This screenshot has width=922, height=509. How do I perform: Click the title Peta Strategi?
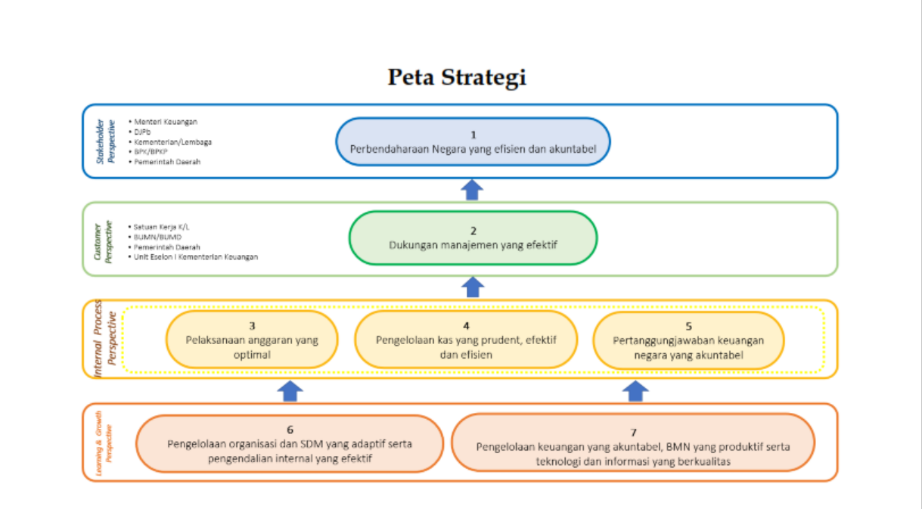457,77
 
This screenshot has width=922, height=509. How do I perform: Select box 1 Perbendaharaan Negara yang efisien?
473,141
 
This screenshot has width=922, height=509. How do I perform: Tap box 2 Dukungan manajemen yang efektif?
473,237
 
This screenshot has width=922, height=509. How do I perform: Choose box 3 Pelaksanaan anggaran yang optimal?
252,340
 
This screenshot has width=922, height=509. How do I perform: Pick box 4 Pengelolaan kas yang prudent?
466,340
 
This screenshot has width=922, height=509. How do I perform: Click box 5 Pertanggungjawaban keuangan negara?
688,340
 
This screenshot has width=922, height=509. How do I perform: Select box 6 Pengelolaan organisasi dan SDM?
290,443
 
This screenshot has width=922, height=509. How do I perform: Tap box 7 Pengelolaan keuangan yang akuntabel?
633,443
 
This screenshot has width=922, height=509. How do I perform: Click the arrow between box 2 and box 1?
473,189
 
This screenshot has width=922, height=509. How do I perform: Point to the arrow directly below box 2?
473,287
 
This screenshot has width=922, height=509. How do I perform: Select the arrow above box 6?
291,390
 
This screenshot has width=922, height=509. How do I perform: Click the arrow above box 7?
636,390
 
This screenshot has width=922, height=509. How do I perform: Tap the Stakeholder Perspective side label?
105,141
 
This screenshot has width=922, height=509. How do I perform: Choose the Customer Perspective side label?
104,239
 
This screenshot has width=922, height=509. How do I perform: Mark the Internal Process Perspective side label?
104,340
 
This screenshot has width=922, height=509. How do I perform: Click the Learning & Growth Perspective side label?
104,443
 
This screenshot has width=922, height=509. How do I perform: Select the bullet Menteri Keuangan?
166,121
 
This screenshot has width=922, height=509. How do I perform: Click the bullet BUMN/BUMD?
157,237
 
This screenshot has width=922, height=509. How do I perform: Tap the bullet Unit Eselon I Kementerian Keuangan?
195,257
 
